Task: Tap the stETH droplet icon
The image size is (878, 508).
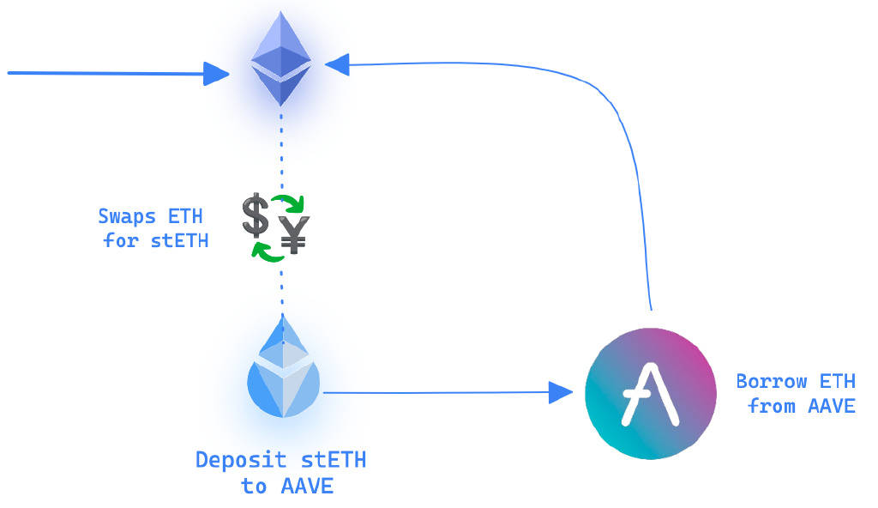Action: (x=282, y=373)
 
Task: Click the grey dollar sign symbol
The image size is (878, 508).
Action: (x=255, y=215)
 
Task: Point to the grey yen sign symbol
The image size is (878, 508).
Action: (x=295, y=234)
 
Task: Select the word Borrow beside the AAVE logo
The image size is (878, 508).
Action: (x=772, y=381)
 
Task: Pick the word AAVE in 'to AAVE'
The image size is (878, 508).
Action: (x=306, y=487)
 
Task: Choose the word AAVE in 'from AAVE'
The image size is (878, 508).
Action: (x=832, y=405)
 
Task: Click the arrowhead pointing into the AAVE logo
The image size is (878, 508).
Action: (x=561, y=393)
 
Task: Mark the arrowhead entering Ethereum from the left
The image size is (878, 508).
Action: (x=217, y=74)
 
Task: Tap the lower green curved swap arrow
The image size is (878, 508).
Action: (x=268, y=251)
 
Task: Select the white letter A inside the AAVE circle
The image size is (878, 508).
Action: (x=651, y=395)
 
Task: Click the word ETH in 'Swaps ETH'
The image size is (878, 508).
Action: (x=186, y=215)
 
